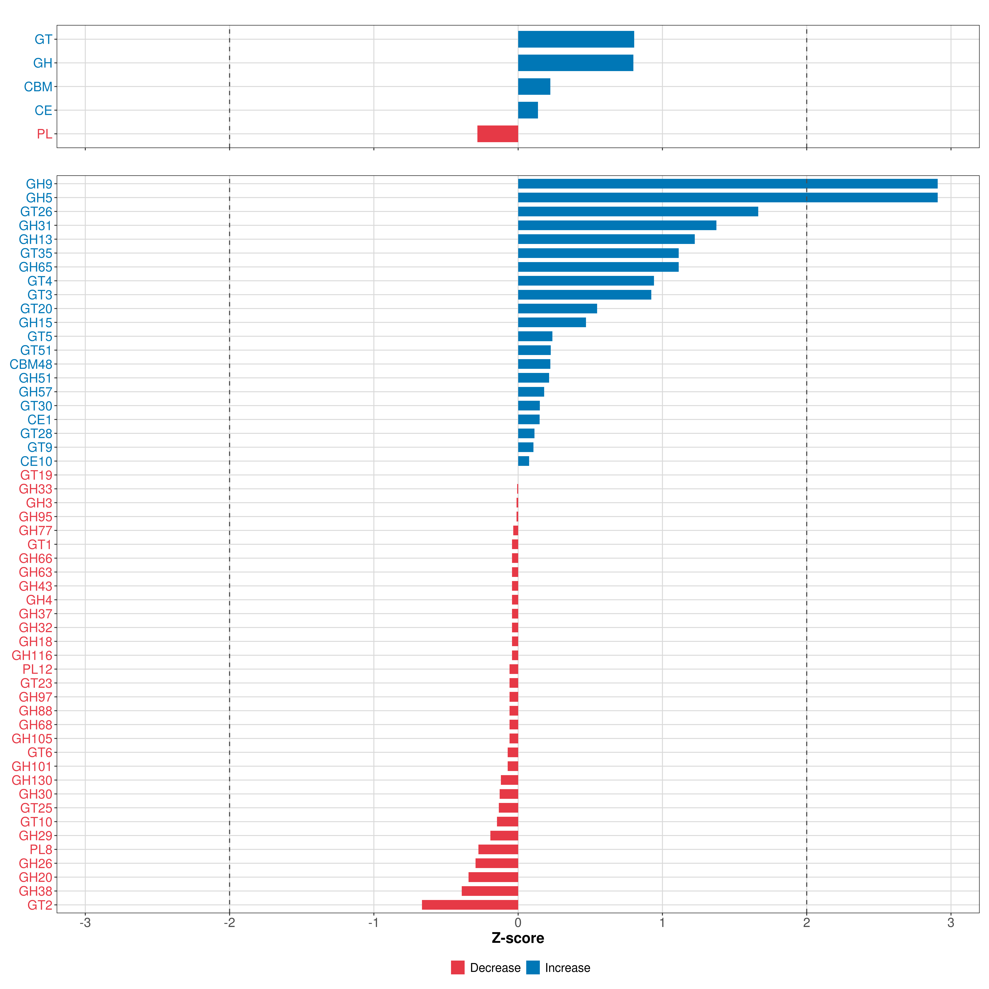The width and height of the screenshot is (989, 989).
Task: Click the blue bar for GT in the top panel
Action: [x=576, y=39]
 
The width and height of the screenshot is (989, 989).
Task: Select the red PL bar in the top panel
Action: [x=498, y=134]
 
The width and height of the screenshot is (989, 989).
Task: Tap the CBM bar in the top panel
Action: [x=534, y=87]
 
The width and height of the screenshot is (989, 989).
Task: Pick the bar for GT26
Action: [x=638, y=211]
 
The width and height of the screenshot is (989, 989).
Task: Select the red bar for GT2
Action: [x=470, y=905]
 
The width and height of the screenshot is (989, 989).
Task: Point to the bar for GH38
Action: [x=490, y=891]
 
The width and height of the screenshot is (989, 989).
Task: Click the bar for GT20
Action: [x=558, y=309]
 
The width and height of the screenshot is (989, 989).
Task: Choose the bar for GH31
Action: [x=617, y=225]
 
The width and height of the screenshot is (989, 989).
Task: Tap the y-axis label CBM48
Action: [x=31, y=364]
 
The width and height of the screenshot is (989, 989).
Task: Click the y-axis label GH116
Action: [x=32, y=655]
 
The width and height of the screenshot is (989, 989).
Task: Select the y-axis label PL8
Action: [x=41, y=849]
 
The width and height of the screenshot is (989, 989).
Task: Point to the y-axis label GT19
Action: [x=36, y=475]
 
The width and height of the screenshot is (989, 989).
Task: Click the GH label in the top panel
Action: [x=43, y=63]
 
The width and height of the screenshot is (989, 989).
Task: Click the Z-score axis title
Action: [x=518, y=938]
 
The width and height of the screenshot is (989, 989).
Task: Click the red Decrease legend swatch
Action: [x=458, y=968]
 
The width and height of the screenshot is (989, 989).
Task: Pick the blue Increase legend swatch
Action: [x=533, y=968]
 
